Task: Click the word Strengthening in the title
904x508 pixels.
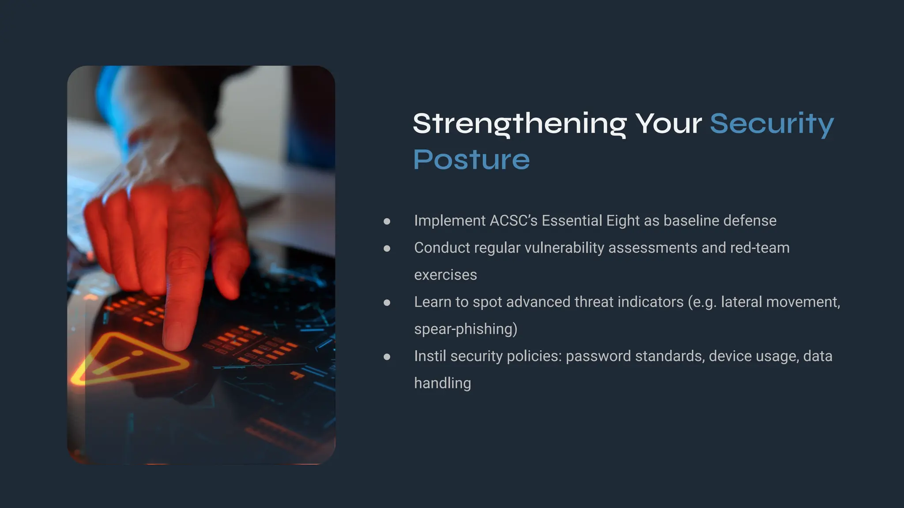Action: [520, 123]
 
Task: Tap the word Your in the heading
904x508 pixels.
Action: [668, 123]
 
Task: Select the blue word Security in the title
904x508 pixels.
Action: [772, 123]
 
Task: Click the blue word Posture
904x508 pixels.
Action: [471, 160]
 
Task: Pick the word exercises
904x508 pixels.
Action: [445, 275]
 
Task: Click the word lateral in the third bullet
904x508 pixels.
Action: [741, 302]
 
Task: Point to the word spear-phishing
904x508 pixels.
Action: [465, 329]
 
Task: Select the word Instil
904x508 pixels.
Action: [430, 356]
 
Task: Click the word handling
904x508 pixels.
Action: [442, 383]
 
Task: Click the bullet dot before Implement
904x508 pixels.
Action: [387, 221]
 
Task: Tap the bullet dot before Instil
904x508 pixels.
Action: [387, 356]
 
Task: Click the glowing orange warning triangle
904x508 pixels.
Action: [128, 359]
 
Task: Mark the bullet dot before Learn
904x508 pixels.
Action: [387, 303]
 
